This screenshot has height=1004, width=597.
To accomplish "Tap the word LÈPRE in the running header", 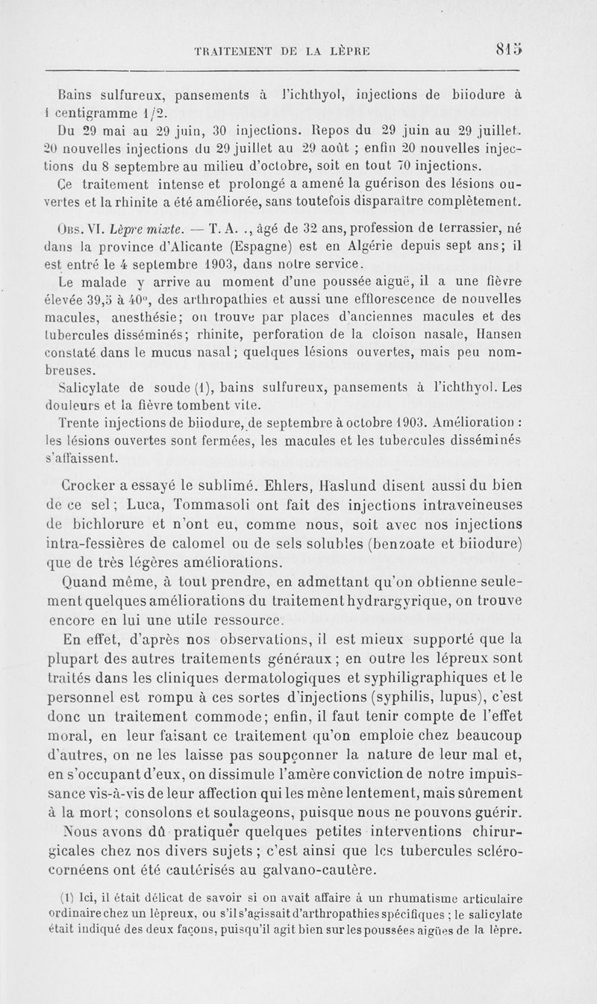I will [352, 51].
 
